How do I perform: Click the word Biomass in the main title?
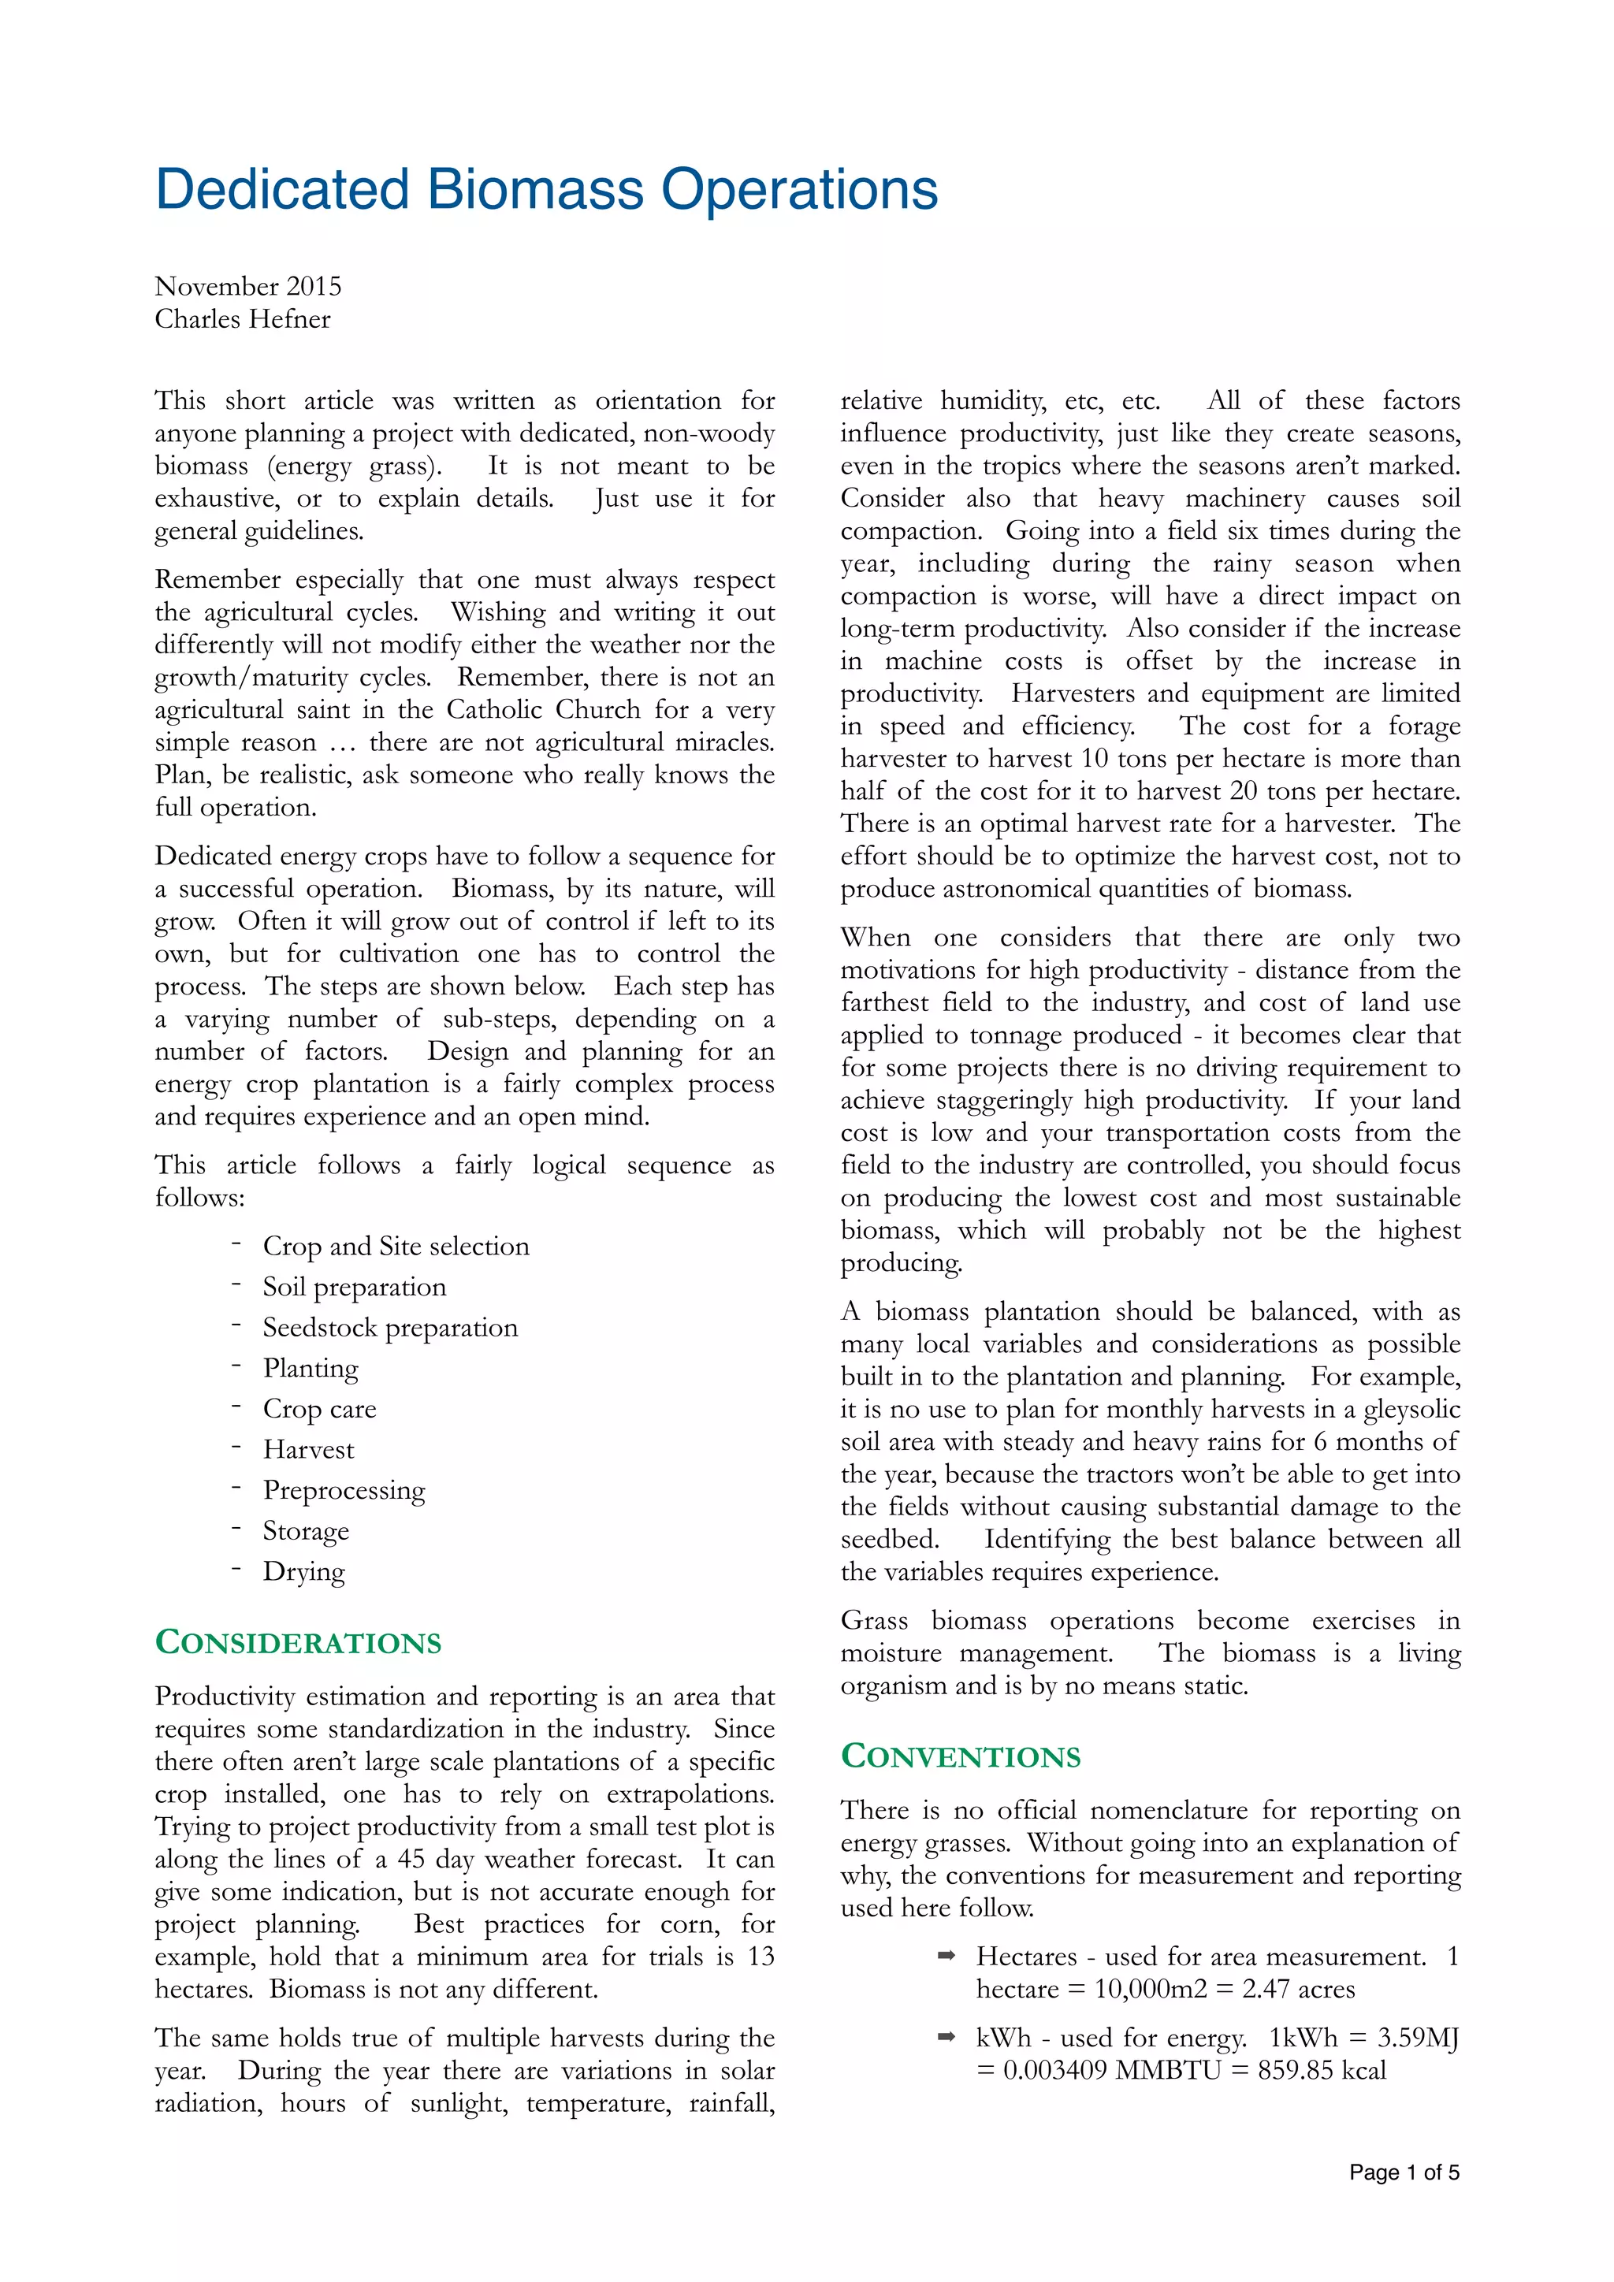tap(534, 189)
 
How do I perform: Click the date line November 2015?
tap(247, 286)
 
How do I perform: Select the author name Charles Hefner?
tap(243, 319)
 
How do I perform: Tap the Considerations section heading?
tap(298, 1642)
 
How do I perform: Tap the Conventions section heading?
tap(960, 1756)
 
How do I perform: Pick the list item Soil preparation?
tap(354, 1287)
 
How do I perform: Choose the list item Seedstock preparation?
tap(389, 1328)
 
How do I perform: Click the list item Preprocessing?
tap(344, 1491)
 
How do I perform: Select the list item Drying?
tap(303, 1572)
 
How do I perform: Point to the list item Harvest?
tap(308, 1450)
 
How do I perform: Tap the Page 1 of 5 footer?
tap(1404, 2172)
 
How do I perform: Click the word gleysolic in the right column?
tap(1411, 1410)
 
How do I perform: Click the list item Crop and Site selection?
tap(396, 1247)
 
